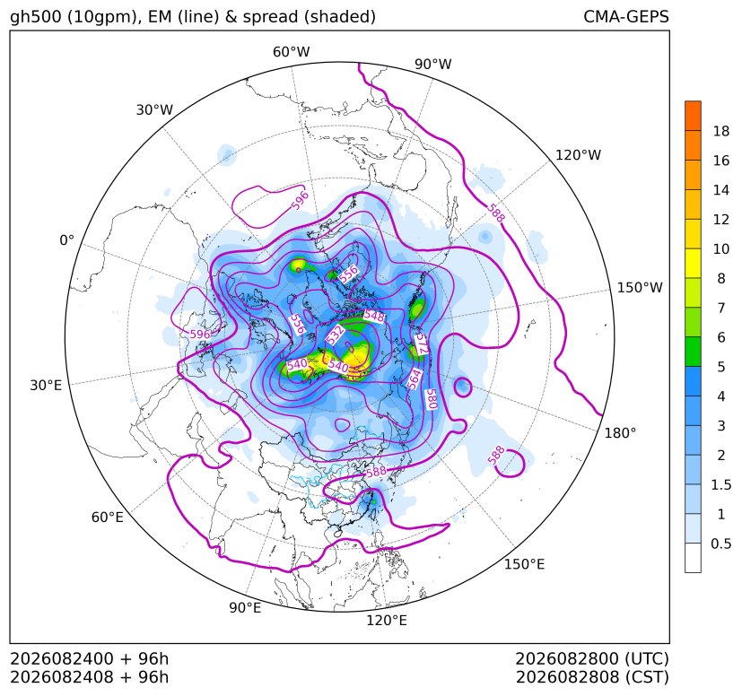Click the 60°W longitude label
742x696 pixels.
291,52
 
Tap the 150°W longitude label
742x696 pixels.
640,288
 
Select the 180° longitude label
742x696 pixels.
620,433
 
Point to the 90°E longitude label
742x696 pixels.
245,608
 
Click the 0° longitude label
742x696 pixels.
66,240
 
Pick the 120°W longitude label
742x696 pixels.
578,155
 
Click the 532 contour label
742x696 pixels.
336,335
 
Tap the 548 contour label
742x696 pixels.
374,315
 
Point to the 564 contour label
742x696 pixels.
414,379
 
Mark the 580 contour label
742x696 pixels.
431,399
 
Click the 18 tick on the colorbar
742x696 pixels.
721,131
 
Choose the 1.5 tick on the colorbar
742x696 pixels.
721,484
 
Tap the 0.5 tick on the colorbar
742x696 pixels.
721,544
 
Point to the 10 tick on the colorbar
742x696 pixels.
721,248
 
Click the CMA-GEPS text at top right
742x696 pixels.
626,16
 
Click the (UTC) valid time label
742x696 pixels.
647,658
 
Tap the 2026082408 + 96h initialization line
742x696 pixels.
90,677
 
